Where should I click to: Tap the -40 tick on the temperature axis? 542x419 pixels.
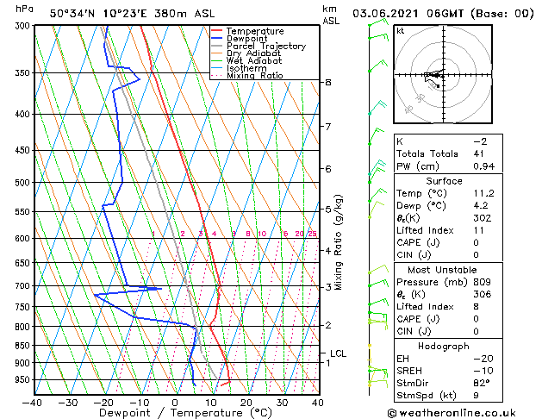pyautogui.click(x=33, y=402)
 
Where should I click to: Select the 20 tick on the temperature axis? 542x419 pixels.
pyautogui.click(x=246, y=402)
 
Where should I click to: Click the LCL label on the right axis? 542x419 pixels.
pyautogui.click(x=338, y=353)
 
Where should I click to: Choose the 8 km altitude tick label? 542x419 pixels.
pyautogui.click(x=328, y=82)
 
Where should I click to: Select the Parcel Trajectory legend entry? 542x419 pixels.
pyautogui.click(x=265, y=47)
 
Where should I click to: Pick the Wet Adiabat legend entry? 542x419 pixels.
pyautogui.click(x=253, y=61)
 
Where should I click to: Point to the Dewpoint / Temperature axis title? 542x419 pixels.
pyautogui.click(x=175, y=413)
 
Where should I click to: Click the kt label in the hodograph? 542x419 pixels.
pyautogui.click(x=401, y=31)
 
